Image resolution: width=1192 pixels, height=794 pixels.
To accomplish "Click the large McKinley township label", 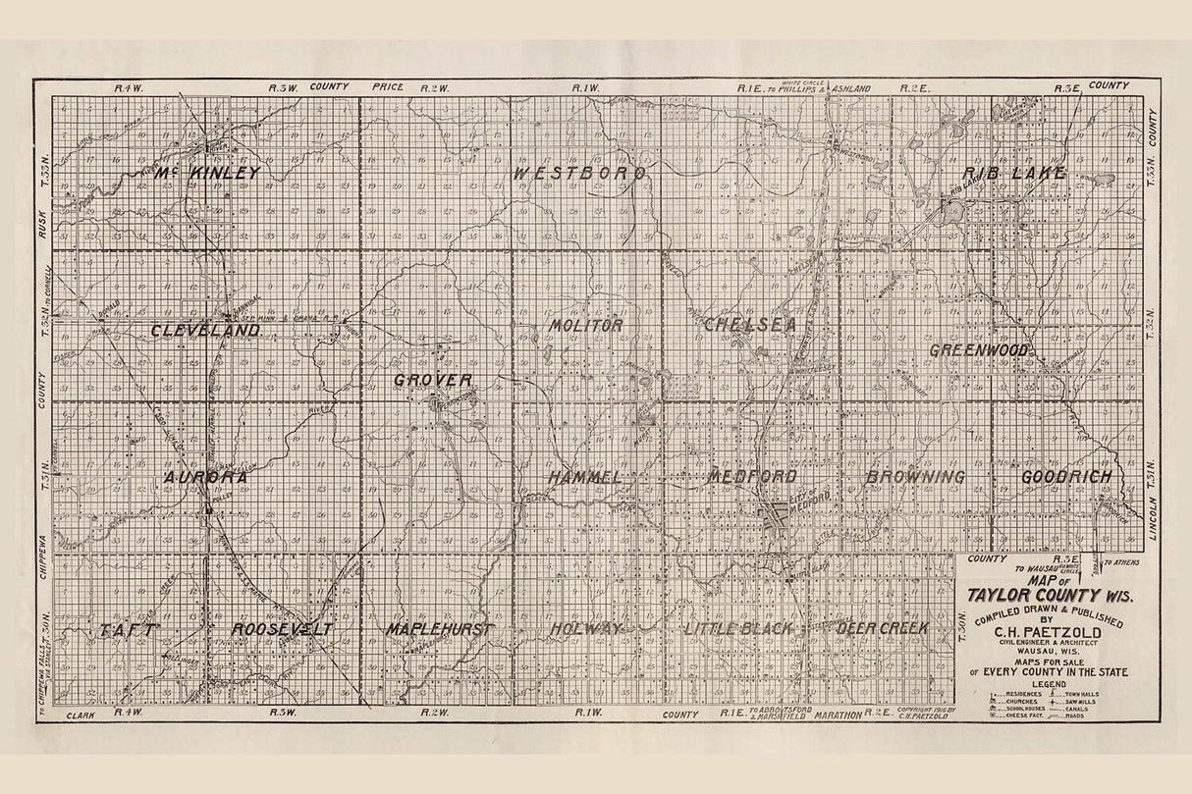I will point(208,174).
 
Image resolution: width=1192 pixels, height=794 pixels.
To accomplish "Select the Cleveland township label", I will point(205,331).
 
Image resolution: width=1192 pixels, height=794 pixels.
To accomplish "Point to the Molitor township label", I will point(586,325).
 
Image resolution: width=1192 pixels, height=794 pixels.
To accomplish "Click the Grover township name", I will point(433,380).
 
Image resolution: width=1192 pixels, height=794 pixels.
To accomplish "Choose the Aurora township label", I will point(205,477).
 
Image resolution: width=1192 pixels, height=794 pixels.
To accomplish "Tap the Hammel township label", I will point(585,477).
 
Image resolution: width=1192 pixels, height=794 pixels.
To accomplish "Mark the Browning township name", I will point(915,477).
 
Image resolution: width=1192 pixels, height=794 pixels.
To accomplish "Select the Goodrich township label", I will point(1066,477).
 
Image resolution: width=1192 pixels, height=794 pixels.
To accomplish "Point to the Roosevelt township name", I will point(283,629).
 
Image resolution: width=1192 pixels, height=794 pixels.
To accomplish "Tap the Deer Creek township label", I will point(883,628).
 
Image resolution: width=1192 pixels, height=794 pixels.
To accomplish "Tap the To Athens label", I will point(1122,563).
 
